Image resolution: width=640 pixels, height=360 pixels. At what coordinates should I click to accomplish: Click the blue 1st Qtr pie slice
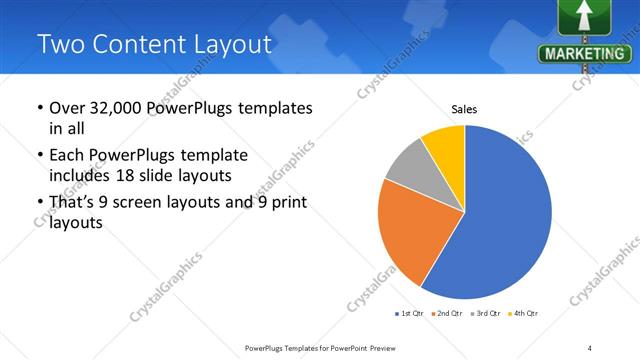(505, 215)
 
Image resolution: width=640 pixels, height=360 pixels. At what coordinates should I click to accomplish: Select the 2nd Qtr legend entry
(447, 314)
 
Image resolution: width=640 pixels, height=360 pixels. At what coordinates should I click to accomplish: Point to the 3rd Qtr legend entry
(486, 314)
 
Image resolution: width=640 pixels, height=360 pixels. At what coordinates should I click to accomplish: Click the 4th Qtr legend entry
(524, 314)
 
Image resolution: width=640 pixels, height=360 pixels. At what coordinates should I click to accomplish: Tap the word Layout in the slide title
(225, 44)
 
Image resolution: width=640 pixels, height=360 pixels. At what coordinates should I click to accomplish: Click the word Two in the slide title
(61, 44)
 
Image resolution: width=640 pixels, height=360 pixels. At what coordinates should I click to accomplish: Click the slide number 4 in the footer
(590, 347)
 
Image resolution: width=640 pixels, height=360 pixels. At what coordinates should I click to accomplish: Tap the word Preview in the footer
(375, 347)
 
